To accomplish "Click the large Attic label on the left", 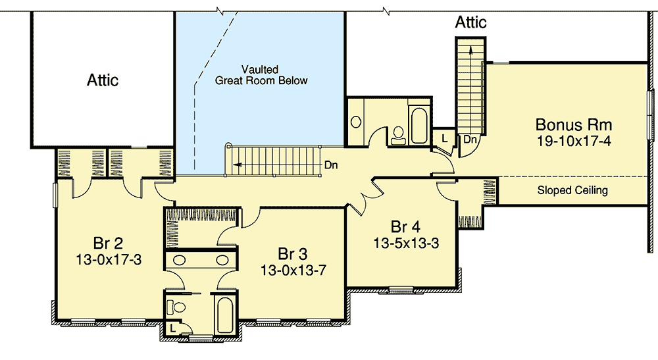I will (x=103, y=80).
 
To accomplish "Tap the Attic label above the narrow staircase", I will (x=470, y=23).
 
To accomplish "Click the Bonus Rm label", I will (x=574, y=124).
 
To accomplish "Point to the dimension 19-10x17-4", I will (x=574, y=141).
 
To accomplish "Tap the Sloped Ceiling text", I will (x=572, y=191).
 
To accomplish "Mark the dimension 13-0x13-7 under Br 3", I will (x=293, y=270).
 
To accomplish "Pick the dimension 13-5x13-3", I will (x=406, y=242).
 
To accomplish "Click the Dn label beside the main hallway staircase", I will (x=331, y=166).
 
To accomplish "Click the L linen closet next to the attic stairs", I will (x=444, y=139).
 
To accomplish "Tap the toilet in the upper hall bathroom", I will (x=397, y=135).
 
